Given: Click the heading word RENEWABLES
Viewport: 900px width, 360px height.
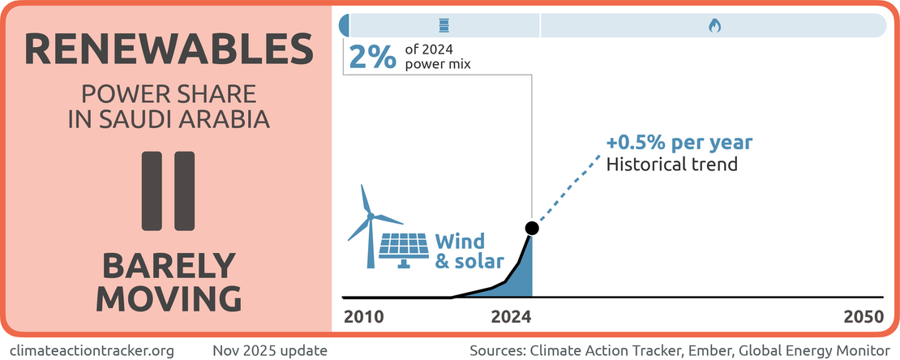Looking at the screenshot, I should (168, 49).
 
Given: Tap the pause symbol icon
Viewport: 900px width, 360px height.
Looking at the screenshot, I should (168, 189).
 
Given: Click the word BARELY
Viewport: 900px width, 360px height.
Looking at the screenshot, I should (168, 265).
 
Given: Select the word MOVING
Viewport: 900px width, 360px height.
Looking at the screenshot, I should (168, 298).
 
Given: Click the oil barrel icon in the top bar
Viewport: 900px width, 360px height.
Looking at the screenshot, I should (442, 25).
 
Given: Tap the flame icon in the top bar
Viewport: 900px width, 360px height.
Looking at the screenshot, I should (714, 25).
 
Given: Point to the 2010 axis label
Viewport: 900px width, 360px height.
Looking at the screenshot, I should (363, 317).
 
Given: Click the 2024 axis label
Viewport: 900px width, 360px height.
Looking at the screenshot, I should (511, 317).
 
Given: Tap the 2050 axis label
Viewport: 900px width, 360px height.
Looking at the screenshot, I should (861, 317).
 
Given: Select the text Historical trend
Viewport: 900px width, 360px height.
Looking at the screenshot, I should (672, 165).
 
